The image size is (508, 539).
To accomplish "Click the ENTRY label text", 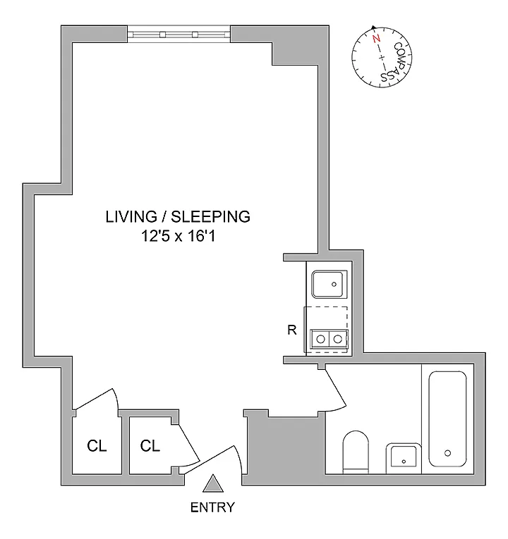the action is (x=212, y=507).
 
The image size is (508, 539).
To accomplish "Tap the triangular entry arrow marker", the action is (x=213, y=484).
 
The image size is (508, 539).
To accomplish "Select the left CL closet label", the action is (x=97, y=446).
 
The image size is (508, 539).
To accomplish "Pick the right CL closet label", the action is (x=150, y=446).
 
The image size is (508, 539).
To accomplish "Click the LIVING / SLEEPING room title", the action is (x=178, y=217).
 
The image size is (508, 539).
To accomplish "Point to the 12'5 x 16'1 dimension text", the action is (x=179, y=237).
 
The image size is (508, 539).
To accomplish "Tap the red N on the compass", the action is (x=377, y=39).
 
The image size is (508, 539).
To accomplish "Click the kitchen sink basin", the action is (x=329, y=284).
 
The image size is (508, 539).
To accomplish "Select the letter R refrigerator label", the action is (x=292, y=330).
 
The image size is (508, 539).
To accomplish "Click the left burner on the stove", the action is (x=320, y=340).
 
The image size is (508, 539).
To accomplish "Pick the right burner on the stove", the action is (x=338, y=340).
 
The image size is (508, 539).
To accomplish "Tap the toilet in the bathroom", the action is (x=356, y=452).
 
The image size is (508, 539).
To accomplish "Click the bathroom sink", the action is (x=404, y=459).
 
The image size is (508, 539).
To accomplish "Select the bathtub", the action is (x=447, y=419).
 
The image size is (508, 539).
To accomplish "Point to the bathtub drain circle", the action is (x=447, y=453).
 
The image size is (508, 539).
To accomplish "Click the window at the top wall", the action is (x=179, y=35).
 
